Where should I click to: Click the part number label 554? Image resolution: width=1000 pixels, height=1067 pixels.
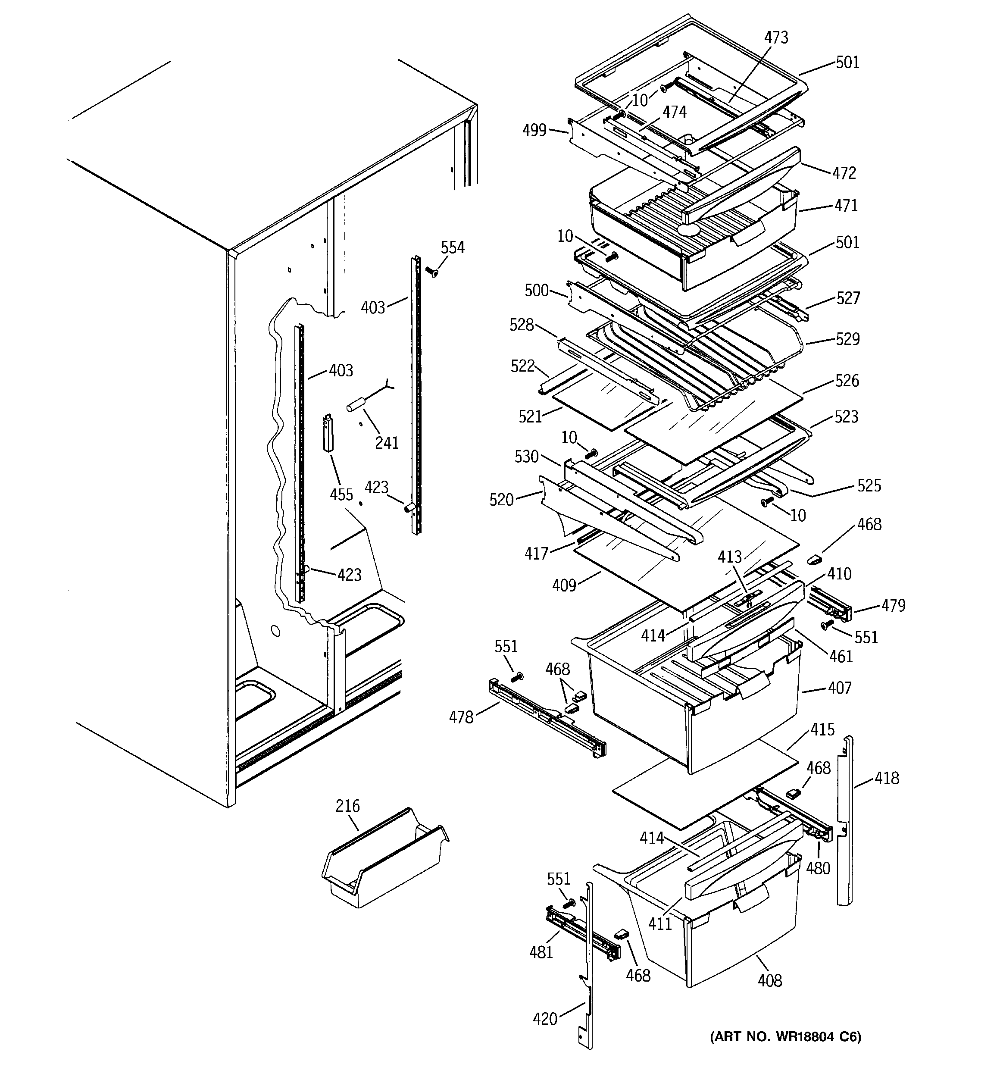(x=453, y=247)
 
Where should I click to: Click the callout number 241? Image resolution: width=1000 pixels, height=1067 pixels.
(x=387, y=443)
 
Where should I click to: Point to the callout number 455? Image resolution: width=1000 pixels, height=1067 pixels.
(x=341, y=494)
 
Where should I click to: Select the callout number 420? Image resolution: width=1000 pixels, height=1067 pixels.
(x=545, y=1019)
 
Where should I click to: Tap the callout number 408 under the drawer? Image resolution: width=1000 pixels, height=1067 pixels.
(x=770, y=981)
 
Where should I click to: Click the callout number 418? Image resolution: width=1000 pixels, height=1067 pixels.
(x=886, y=778)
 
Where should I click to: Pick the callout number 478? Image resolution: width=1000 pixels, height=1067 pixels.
(x=461, y=717)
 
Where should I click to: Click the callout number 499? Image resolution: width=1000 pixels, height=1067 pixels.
(x=534, y=131)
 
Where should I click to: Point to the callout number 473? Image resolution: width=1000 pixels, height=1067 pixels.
(x=776, y=38)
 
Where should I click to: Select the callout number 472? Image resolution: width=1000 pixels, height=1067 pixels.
(x=844, y=173)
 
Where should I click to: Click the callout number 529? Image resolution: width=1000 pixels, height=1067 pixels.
(x=847, y=339)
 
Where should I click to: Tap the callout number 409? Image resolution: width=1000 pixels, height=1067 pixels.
(x=564, y=585)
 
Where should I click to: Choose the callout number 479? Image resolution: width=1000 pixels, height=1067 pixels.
(x=893, y=605)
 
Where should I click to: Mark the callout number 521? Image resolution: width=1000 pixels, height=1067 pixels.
(x=530, y=416)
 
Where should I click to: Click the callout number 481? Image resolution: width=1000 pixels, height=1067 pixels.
(x=541, y=952)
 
